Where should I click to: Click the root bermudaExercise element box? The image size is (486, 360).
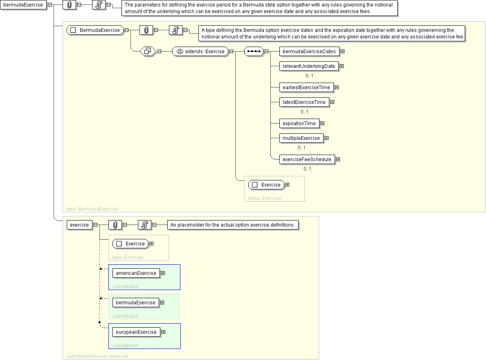23,5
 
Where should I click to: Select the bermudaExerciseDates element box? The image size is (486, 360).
309,52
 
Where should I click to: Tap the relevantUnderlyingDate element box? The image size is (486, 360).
309,66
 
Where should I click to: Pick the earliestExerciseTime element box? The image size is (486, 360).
306,88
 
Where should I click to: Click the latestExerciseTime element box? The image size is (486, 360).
304,102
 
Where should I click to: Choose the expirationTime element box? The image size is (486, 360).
299,124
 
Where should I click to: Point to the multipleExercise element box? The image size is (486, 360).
301,138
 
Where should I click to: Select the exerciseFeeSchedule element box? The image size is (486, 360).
307,160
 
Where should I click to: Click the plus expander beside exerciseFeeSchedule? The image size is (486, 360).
338,160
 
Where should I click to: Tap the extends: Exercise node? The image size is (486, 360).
200,52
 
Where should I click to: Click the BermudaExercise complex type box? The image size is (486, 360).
95,30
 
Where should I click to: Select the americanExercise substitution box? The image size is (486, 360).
136,273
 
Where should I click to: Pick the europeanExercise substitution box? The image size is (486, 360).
136,332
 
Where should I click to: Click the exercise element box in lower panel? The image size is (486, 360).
79,225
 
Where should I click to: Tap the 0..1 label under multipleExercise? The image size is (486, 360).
301,148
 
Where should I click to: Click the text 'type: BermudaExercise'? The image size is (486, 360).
92,209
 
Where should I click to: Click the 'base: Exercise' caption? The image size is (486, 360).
265,198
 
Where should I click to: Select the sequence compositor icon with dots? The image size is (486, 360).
254,52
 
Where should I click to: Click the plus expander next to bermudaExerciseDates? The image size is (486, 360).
342,52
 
